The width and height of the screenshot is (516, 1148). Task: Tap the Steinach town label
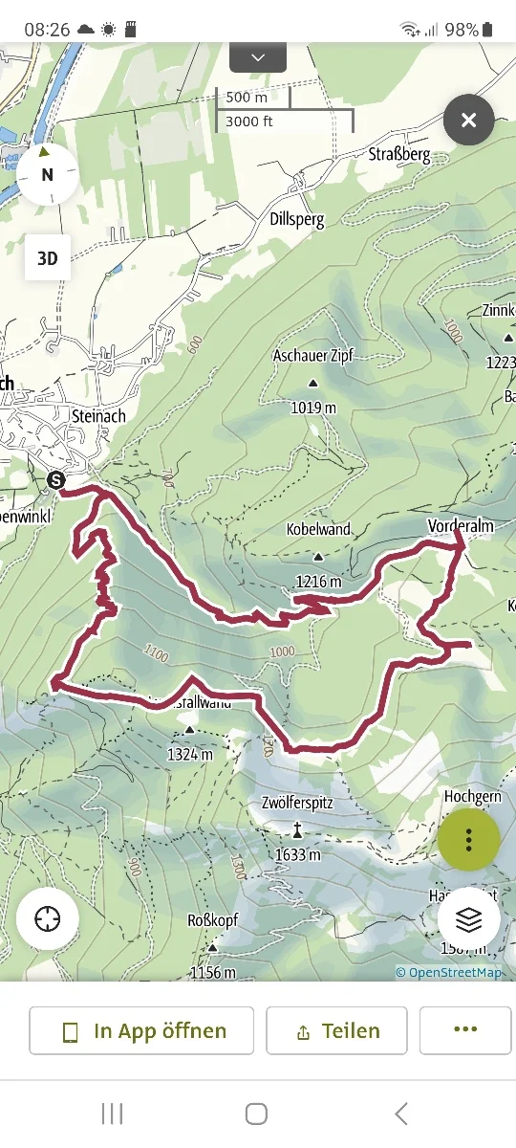[x=99, y=416]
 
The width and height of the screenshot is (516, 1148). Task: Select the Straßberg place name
[x=399, y=155]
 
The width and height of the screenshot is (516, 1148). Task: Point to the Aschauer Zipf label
[x=312, y=356]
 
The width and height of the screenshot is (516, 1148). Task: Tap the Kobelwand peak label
[x=318, y=529]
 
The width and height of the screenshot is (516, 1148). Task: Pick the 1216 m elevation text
[x=317, y=581]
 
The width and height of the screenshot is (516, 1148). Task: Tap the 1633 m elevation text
[x=298, y=854]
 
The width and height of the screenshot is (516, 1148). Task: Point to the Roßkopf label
[x=212, y=920]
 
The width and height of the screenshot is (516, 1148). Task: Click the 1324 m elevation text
[x=189, y=754]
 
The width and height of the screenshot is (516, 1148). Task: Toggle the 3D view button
[x=47, y=258]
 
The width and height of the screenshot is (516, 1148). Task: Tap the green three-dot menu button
[x=468, y=840]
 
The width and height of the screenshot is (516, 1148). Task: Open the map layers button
[x=468, y=918]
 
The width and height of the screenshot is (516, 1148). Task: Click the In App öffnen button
[x=142, y=1030]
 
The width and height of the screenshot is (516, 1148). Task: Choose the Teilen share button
[x=336, y=1030]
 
